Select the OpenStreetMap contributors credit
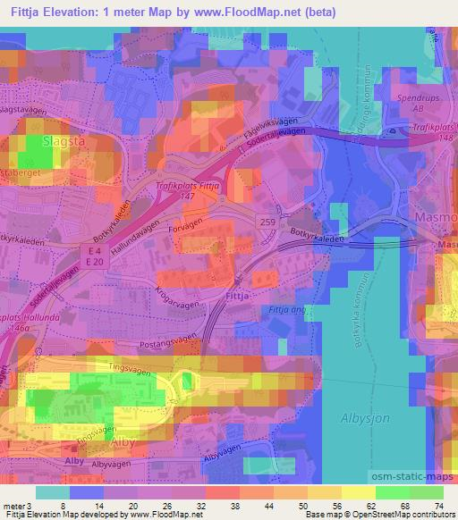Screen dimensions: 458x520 [x=404, y=515]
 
